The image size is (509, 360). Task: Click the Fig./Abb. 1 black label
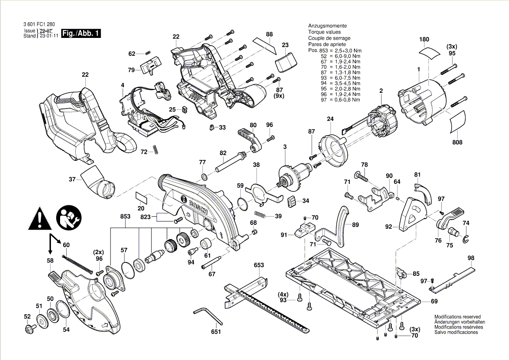click(x=81, y=34)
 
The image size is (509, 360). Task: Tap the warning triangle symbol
click(x=40, y=219)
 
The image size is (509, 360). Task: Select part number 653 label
click(x=259, y=265)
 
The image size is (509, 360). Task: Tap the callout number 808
click(x=457, y=143)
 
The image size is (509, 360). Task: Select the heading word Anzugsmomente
click(x=324, y=26)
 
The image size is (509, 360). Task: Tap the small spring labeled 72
click(x=156, y=150)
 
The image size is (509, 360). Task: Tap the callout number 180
click(x=424, y=40)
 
